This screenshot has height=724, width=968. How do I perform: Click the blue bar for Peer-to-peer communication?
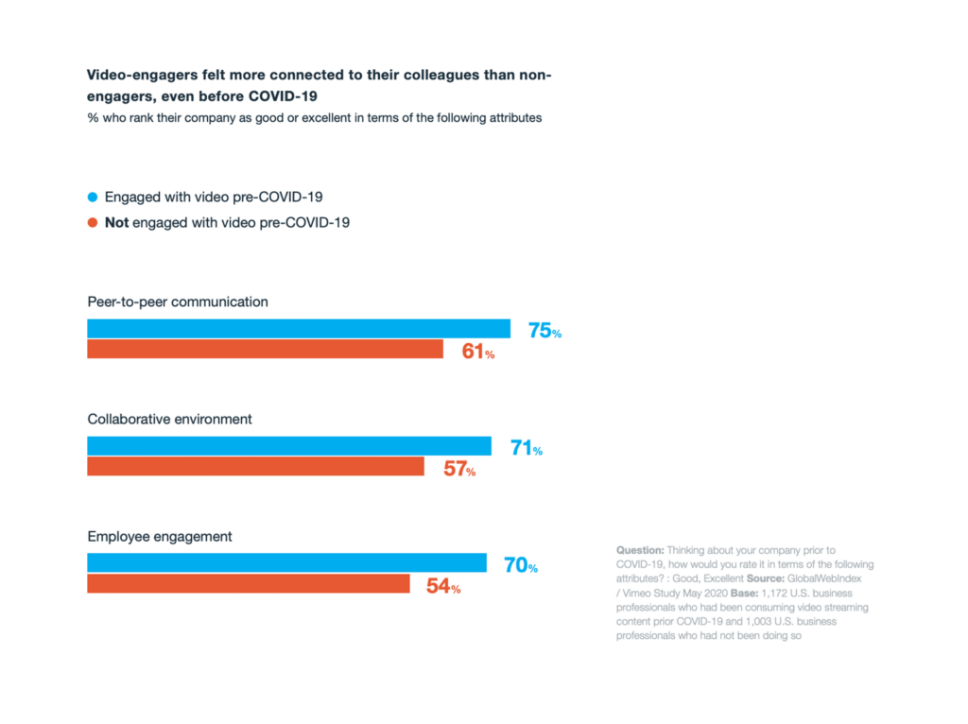coord(299,329)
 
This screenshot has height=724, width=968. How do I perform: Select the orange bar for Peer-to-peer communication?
coord(265,350)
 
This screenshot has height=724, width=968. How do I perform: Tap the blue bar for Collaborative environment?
coord(289,446)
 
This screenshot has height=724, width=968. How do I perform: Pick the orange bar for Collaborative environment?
coord(255,467)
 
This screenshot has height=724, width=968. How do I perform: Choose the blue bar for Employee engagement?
coord(286,563)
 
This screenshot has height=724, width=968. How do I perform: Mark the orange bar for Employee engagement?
coord(249,584)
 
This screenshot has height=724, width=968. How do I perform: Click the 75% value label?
coord(544,332)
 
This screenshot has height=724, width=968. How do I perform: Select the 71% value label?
coord(527,449)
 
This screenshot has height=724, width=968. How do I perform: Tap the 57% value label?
coord(459,470)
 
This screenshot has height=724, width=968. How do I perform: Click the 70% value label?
coord(521,566)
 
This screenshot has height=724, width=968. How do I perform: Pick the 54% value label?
coord(443,587)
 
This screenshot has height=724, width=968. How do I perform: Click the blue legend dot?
coord(93,197)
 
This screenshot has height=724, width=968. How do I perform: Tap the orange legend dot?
coord(93,223)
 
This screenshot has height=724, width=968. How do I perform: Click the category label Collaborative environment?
coord(170,419)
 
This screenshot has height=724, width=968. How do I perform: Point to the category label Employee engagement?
coord(160,536)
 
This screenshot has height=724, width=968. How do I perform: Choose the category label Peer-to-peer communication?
coord(178,302)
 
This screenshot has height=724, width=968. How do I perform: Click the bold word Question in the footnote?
coord(640,550)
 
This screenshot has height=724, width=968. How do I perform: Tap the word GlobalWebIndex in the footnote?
coord(831,578)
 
